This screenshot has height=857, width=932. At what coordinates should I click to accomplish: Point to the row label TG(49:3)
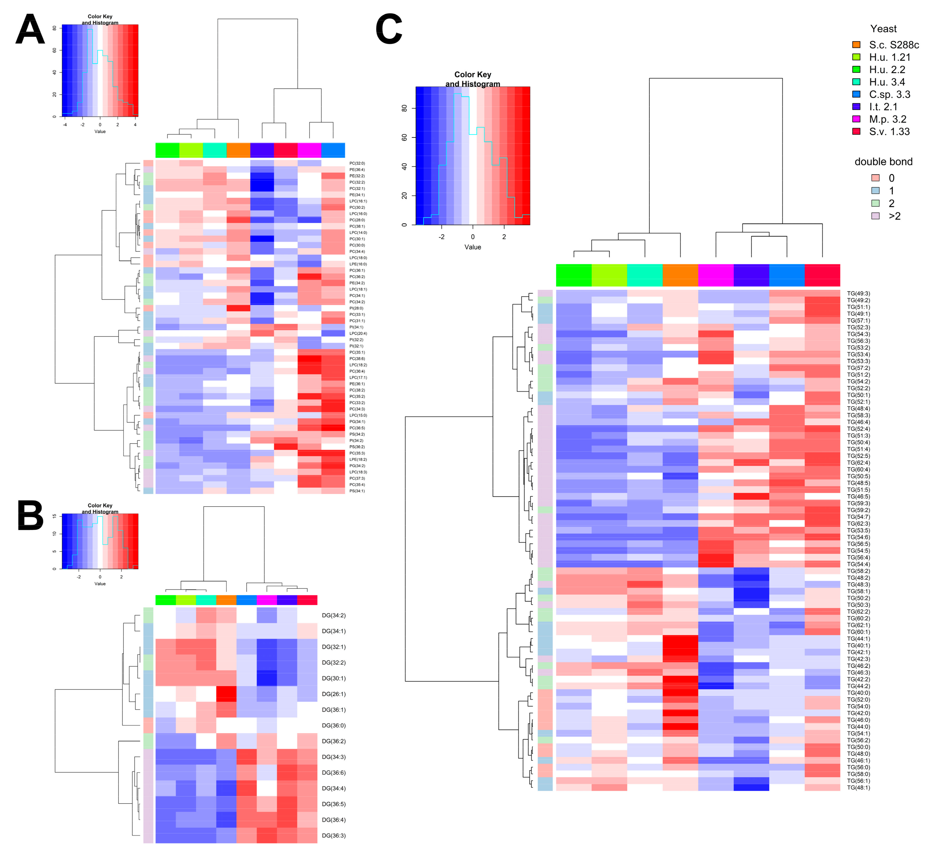858,294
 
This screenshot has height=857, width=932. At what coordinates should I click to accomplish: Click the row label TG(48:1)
858,788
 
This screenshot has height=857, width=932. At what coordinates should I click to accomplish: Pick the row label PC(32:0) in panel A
357,163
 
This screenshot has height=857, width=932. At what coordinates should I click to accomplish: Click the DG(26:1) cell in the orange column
226,694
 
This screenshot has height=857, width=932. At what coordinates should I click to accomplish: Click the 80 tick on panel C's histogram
404,108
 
